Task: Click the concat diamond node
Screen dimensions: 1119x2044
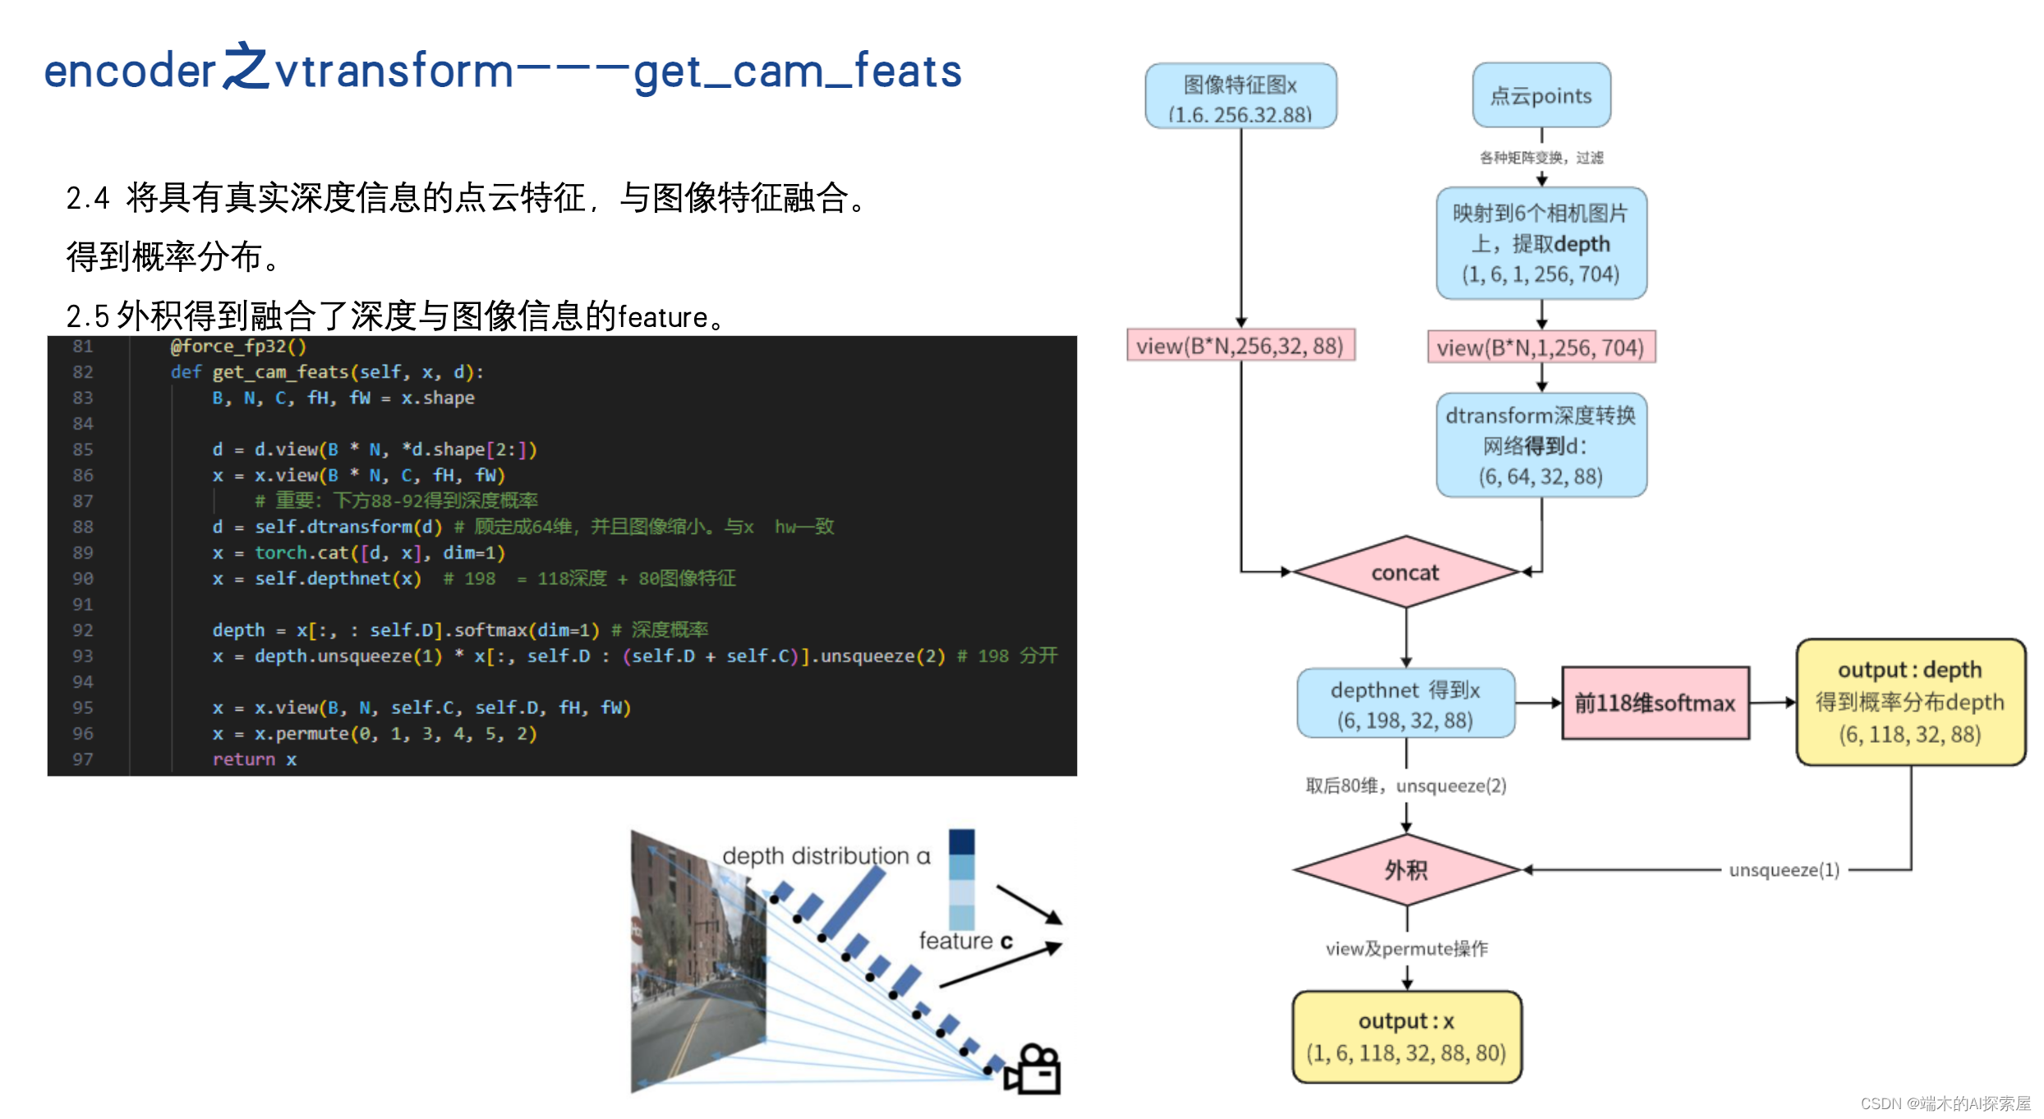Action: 1405,573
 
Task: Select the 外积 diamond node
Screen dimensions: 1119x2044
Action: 1406,870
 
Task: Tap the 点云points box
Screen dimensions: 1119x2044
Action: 1541,95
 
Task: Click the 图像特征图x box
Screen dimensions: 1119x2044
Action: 1241,97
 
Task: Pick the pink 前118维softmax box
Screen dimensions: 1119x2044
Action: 1655,703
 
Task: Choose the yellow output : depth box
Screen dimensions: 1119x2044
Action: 1910,702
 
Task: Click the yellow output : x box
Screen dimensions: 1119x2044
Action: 1406,1037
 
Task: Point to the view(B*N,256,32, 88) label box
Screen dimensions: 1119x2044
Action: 1240,346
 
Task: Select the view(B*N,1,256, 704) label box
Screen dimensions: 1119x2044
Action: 1540,348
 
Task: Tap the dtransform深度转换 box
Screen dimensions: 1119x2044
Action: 1541,445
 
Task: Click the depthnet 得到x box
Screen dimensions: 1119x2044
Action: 1405,704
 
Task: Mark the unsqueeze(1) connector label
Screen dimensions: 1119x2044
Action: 1784,870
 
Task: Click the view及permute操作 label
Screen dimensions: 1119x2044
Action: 1406,949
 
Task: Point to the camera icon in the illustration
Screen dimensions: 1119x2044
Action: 1034,1070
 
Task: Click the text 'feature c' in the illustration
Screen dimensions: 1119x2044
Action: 965,941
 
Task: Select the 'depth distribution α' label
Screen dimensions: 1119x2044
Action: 826,856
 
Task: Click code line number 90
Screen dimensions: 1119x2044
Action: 83,578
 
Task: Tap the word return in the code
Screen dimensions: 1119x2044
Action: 243,759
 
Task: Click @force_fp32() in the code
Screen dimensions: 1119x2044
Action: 238,346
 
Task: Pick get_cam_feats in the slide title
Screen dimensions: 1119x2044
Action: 797,71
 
